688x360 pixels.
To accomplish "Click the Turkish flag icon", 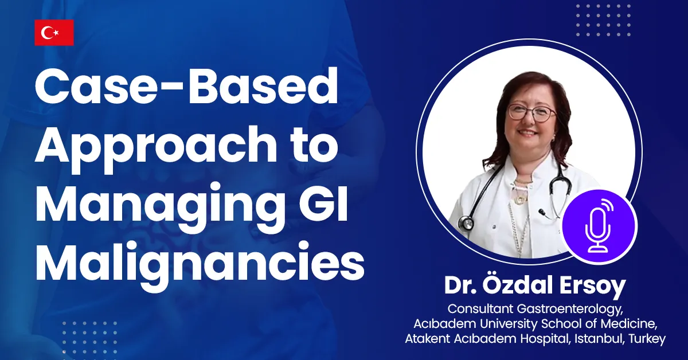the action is tap(54, 33).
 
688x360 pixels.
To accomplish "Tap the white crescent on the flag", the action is tap(47, 33).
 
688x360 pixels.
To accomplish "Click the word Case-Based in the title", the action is tap(186, 87).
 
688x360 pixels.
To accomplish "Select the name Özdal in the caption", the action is tap(517, 285).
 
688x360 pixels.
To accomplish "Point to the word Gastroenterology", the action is tap(570, 310).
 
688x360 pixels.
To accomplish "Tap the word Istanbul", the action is tap(599, 338).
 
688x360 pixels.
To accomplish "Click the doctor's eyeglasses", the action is tap(532, 113).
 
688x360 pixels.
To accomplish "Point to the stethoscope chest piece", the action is tap(466, 222).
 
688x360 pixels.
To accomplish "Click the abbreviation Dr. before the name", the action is tap(460, 285).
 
